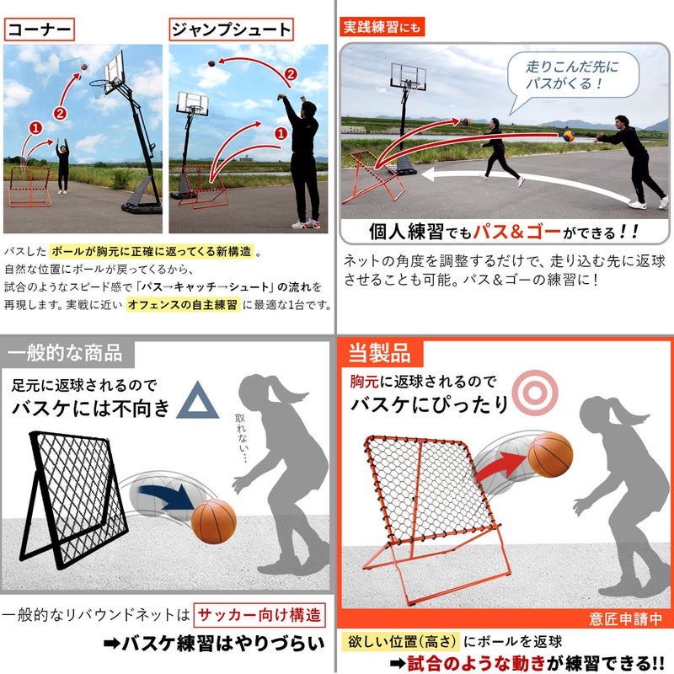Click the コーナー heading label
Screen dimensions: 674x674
coord(39,29)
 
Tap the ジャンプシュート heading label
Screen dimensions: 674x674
coord(231,29)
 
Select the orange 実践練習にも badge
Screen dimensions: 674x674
coord(382,27)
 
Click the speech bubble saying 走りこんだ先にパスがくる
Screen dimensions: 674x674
coord(572,77)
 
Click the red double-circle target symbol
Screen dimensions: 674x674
coord(535,393)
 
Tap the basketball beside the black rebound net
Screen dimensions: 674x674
coord(214,522)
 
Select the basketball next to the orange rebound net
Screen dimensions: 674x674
coord(550,455)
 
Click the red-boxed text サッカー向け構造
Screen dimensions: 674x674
coord(259,615)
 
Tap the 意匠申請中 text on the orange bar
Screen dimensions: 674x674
coord(625,619)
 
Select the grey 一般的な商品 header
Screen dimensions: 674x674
coord(66,353)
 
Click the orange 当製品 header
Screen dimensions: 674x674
coord(380,353)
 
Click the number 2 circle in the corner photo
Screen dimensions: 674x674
coord(60,114)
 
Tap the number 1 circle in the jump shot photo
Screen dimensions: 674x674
coord(281,134)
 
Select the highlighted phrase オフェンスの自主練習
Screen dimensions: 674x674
coord(183,305)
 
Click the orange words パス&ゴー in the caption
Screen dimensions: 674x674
coord(517,233)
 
